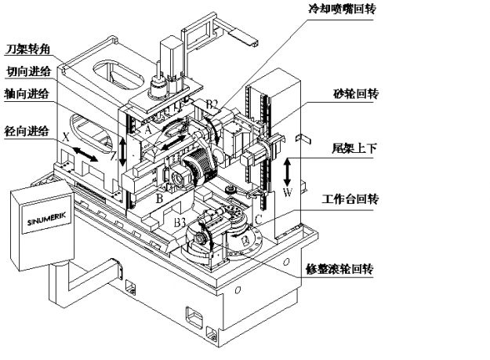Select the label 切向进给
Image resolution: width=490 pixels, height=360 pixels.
30,71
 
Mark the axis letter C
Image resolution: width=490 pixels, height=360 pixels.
258,218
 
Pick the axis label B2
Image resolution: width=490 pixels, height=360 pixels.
212,104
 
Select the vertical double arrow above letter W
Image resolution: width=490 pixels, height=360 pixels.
288,169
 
